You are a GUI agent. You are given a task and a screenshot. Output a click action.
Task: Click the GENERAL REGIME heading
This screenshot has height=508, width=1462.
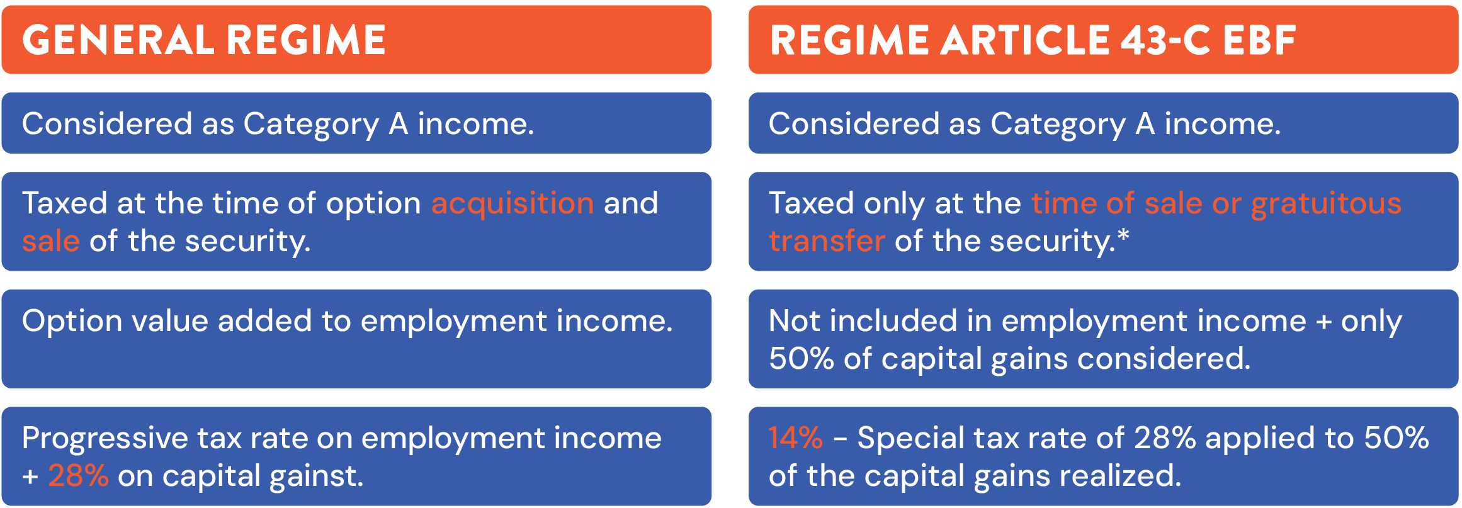tap(204, 40)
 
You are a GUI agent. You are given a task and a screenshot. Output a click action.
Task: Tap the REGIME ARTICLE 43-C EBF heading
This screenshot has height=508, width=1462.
tap(1033, 40)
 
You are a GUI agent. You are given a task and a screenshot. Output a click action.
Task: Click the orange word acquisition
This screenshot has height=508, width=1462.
tap(513, 204)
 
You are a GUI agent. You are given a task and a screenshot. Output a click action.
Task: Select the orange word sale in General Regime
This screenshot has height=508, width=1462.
tap(51, 241)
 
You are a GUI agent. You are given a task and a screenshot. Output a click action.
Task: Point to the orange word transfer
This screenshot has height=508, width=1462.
tap(827, 241)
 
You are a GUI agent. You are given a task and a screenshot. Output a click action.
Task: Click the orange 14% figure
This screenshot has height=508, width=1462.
tap(795, 437)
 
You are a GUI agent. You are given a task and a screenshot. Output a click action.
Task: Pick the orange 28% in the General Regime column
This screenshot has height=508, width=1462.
tap(78, 475)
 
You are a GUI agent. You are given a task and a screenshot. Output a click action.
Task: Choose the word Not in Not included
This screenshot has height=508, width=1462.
tap(794, 320)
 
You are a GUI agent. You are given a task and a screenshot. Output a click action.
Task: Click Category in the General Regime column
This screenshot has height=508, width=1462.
tap(311, 125)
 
